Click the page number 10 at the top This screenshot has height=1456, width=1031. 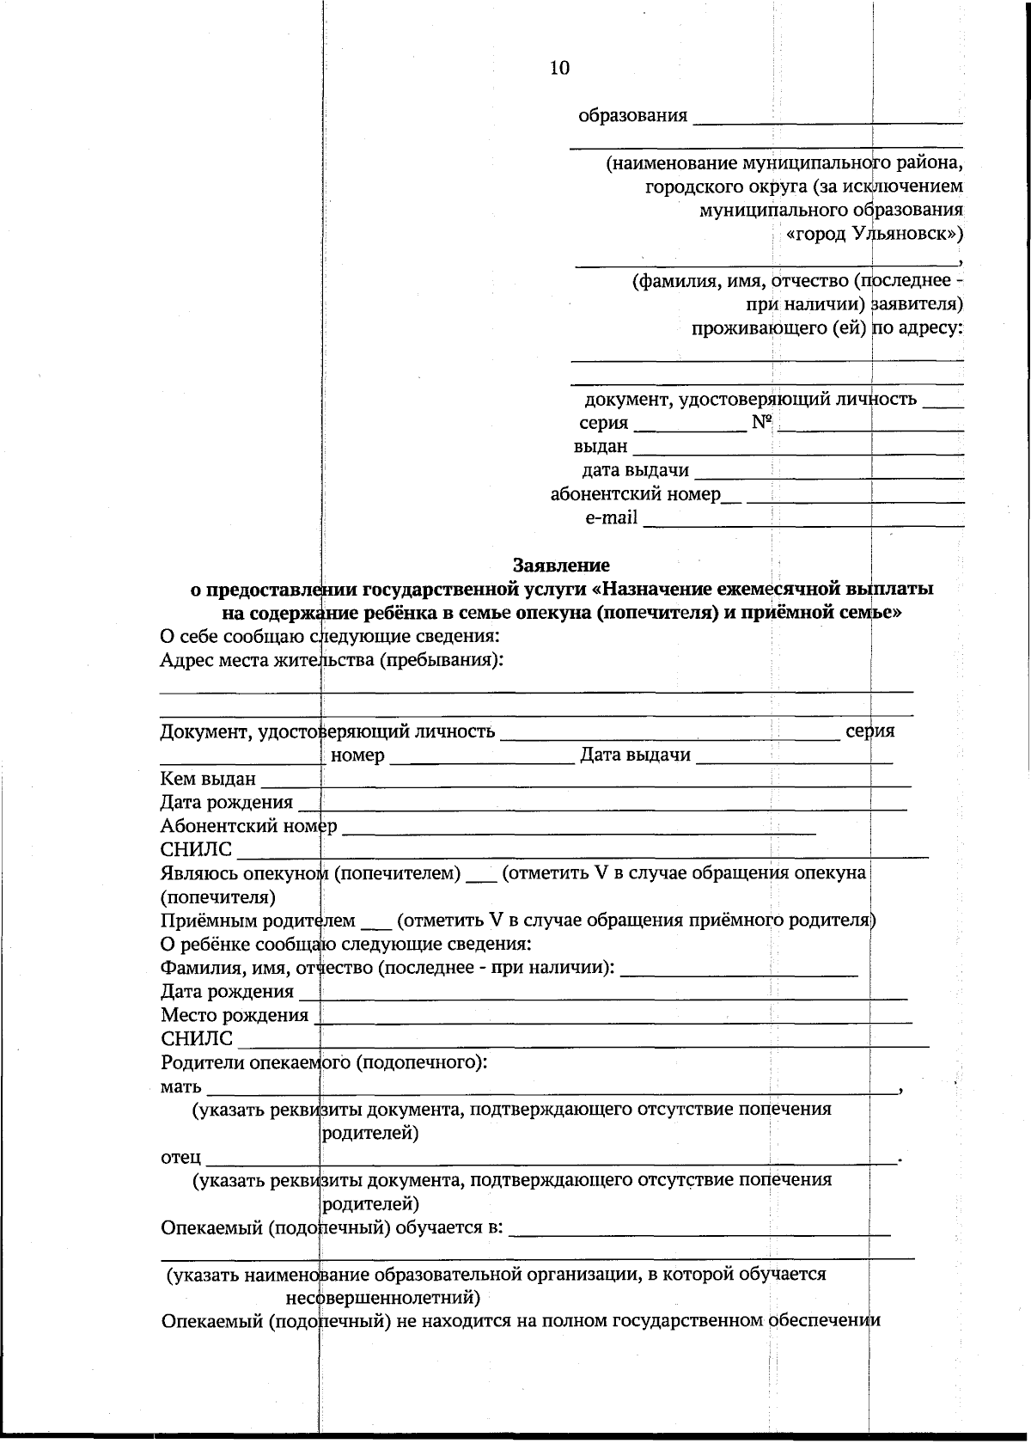tap(559, 69)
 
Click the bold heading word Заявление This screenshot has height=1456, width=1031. tap(561, 565)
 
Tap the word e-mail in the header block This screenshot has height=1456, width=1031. tap(611, 517)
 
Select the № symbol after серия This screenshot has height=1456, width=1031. tap(762, 422)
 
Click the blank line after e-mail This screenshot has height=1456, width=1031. tap(802, 521)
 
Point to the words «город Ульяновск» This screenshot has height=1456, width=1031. tap(875, 233)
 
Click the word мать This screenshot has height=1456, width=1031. tap(180, 1086)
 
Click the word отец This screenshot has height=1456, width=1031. tap(181, 1157)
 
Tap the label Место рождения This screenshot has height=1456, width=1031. tap(235, 1015)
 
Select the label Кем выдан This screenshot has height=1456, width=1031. tap(208, 779)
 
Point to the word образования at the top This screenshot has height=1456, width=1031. tap(632, 115)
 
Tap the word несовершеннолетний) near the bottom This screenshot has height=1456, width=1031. tap(383, 1296)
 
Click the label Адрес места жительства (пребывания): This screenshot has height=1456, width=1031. tap(332, 660)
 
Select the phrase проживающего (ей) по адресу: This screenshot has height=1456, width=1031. tap(827, 327)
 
